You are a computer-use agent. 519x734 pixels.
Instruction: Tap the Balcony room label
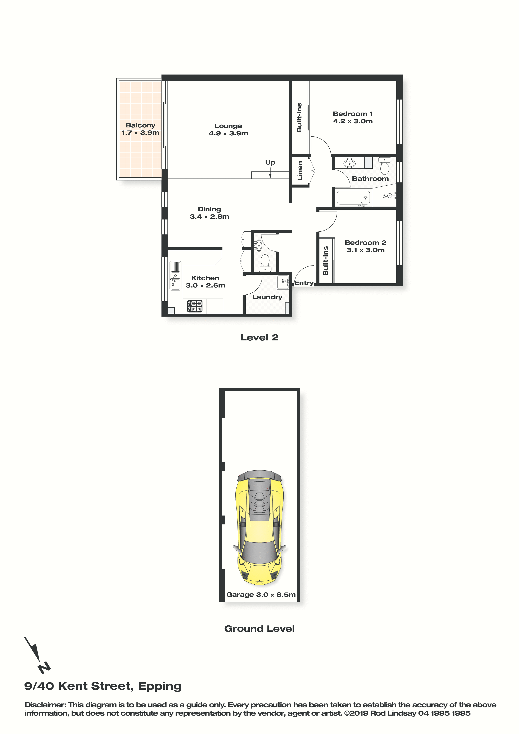click(140, 125)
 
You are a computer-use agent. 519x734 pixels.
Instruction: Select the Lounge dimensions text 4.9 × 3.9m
click(228, 133)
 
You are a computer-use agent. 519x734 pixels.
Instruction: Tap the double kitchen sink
click(175, 276)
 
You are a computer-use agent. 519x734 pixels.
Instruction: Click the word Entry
click(304, 283)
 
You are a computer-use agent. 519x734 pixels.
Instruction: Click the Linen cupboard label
click(300, 171)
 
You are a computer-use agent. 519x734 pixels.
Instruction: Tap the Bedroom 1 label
click(353, 114)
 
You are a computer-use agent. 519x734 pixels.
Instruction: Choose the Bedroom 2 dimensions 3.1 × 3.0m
click(366, 250)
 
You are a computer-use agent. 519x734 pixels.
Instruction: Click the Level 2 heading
click(259, 337)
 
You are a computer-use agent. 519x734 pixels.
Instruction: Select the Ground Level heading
click(259, 629)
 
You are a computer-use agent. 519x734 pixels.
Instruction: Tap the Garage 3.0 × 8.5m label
click(261, 595)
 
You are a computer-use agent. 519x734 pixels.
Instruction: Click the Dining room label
click(209, 209)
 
